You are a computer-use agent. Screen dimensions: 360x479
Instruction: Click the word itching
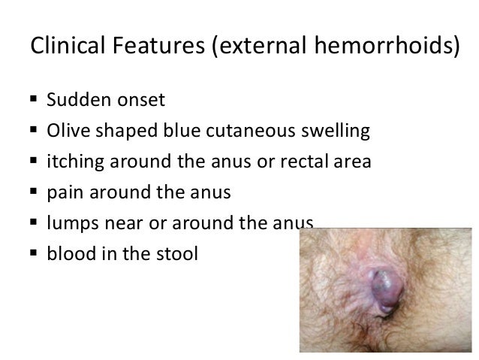coord(73,162)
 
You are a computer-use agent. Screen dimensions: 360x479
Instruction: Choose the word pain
coord(62,193)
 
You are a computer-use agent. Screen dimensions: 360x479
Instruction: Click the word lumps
coord(71,223)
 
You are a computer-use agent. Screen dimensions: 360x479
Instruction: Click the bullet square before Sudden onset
coord(33,100)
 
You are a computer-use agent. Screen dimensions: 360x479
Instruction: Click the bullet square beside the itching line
coord(33,162)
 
